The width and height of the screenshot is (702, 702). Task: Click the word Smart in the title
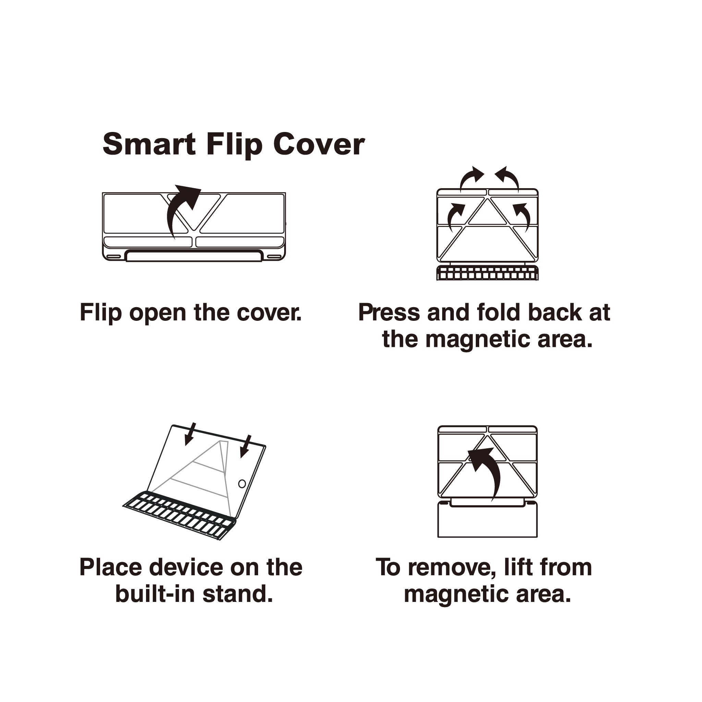pyautogui.click(x=149, y=144)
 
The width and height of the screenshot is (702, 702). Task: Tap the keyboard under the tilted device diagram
pyautogui.click(x=179, y=515)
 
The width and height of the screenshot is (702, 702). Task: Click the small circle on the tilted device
pyautogui.click(x=242, y=484)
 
